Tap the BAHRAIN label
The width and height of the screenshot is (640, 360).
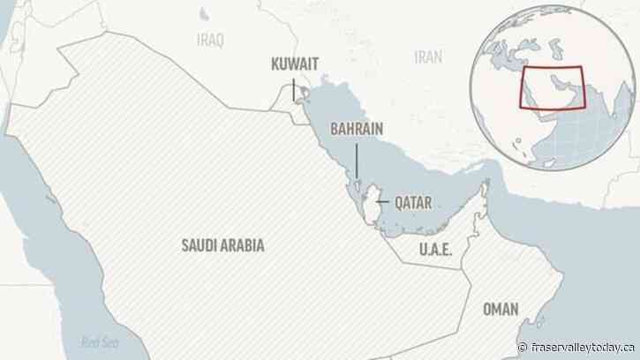pyautogui.click(x=357, y=130)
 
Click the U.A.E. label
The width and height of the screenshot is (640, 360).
pyautogui.click(x=435, y=250)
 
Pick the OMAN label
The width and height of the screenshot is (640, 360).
pyautogui.click(x=502, y=310)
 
